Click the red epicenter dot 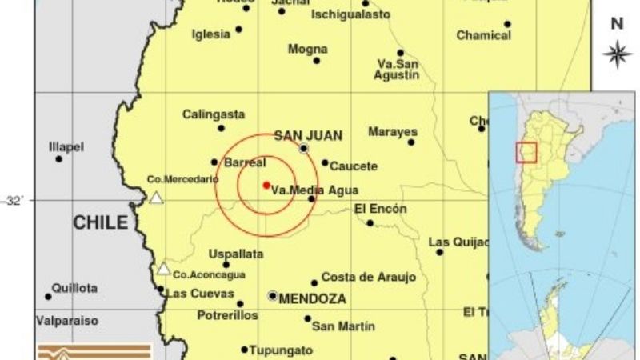tap(266, 185)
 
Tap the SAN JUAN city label tap(297, 135)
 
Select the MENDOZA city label tap(313, 298)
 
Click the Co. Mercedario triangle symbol tap(158, 198)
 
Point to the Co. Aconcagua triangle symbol tap(163, 269)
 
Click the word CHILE tap(101, 222)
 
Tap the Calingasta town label tap(214, 114)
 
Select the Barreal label tap(245, 162)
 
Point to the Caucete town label tap(354, 166)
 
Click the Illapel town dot tap(59, 159)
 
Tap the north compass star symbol tap(617, 54)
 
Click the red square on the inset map tap(526, 152)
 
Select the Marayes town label tap(393, 131)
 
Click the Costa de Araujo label tap(369, 278)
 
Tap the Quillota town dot tap(48, 297)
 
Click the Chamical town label tap(483, 35)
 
